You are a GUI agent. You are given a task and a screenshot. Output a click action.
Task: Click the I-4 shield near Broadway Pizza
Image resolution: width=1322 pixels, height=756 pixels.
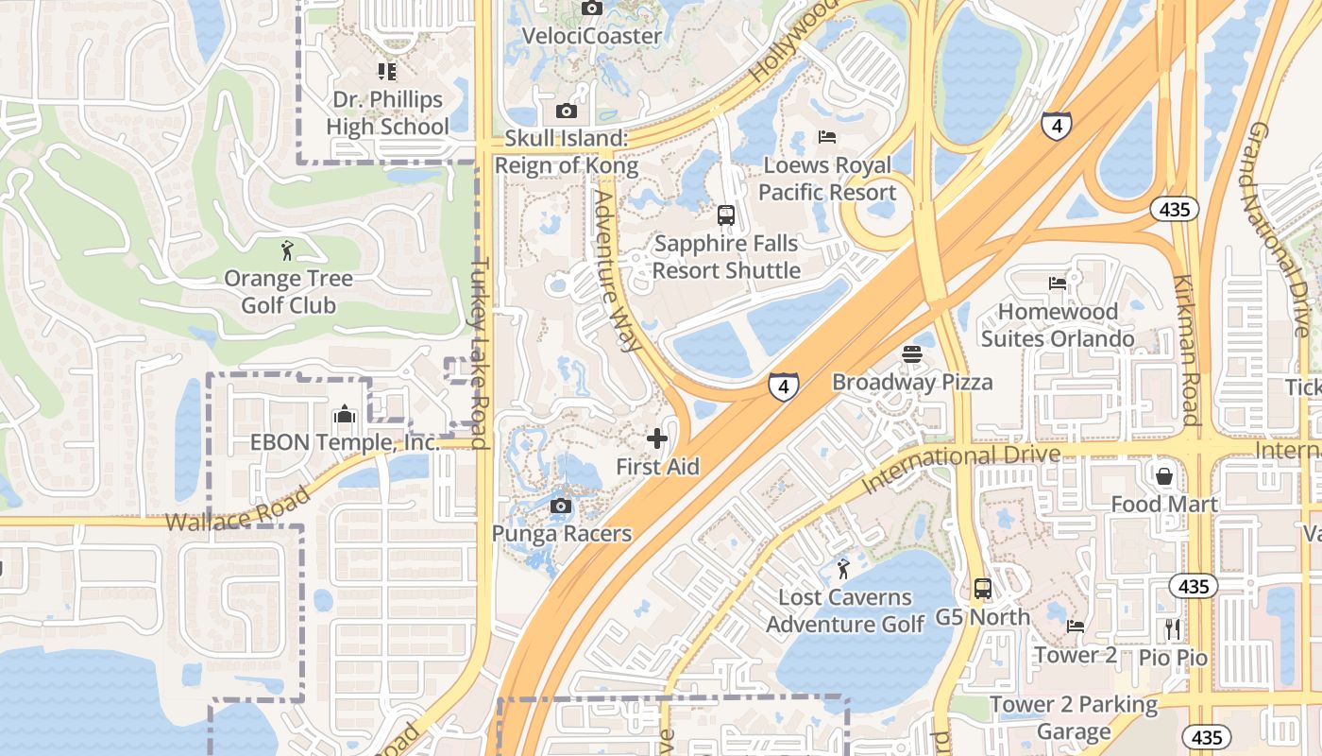(783, 386)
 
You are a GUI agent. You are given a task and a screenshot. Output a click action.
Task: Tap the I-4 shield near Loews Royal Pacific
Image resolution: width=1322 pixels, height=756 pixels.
(1056, 125)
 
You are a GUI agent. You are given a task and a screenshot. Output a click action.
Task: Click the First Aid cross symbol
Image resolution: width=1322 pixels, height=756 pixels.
(657, 438)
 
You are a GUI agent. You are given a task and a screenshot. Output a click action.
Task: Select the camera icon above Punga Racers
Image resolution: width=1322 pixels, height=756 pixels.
(561, 506)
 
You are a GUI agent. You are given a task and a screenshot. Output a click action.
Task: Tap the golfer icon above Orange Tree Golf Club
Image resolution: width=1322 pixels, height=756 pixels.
(288, 250)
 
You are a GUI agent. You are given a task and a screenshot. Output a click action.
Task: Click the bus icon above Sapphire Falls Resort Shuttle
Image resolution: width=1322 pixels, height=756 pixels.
(725, 215)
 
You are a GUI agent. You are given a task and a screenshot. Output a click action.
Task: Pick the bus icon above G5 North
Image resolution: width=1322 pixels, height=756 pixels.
(982, 589)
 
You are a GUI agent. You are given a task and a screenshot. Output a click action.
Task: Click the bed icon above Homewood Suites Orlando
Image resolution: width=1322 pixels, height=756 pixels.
(1058, 283)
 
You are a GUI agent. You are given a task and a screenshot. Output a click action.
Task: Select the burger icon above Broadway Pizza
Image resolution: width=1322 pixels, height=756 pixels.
(911, 354)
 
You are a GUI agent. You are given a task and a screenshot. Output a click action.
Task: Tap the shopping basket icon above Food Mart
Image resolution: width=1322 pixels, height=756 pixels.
(1164, 475)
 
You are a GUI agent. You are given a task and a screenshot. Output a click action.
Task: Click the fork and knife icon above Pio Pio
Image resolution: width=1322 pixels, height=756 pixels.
(1173, 628)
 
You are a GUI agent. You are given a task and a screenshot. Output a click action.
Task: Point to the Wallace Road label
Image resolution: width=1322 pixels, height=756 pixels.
(238, 509)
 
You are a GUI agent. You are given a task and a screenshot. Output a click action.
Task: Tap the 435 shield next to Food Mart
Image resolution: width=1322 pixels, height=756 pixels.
(1194, 587)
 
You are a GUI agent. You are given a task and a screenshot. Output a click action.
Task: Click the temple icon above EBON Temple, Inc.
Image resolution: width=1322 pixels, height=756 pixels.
(344, 414)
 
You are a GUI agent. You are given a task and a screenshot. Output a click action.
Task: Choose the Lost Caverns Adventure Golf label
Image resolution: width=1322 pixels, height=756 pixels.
(845, 610)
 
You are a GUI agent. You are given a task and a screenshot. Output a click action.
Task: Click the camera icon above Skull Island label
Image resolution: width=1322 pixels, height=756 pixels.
(566, 112)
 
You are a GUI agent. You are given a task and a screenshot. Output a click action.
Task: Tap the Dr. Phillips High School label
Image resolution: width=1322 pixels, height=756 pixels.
(387, 112)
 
